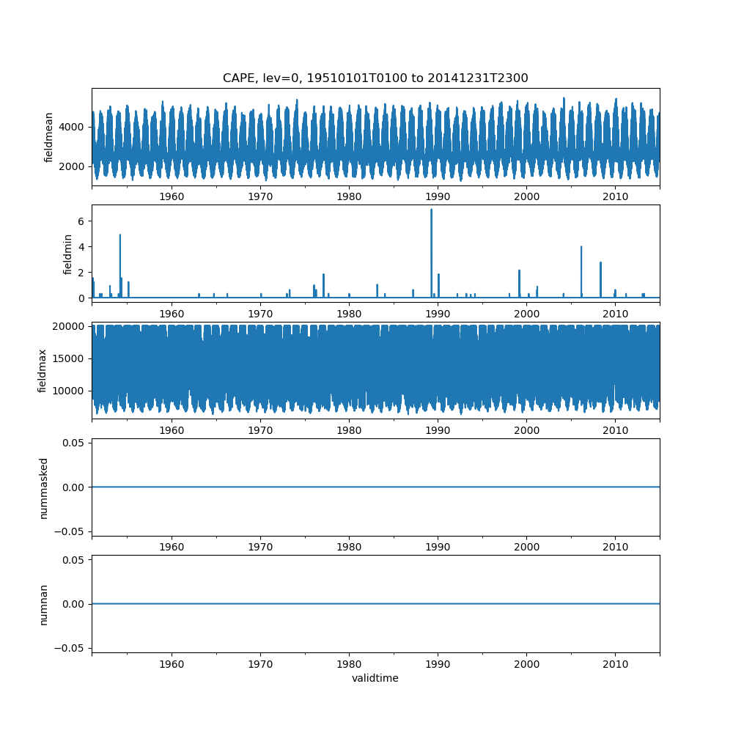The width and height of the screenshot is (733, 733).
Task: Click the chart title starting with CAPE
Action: click(375, 78)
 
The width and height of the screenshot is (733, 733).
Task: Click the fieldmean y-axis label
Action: click(49, 137)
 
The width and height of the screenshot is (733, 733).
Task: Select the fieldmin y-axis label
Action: click(67, 254)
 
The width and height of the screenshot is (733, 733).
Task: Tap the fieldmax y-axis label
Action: click(43, 371)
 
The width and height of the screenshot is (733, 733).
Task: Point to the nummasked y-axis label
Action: click(43, 487)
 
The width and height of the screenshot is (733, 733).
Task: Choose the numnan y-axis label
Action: click(43, 604)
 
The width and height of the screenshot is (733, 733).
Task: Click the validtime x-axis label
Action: click(375, 679)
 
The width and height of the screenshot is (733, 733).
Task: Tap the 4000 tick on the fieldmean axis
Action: click(74, 127)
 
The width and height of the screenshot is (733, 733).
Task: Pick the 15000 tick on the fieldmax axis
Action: click(71, 358)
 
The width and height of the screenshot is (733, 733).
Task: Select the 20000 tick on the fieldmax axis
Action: click(71, 326)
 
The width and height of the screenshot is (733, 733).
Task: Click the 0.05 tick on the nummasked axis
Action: click(76, 443)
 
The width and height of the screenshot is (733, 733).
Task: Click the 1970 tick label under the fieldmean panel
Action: click(260, 197)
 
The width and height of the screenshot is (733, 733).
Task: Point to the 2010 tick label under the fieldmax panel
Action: click(615, 431)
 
